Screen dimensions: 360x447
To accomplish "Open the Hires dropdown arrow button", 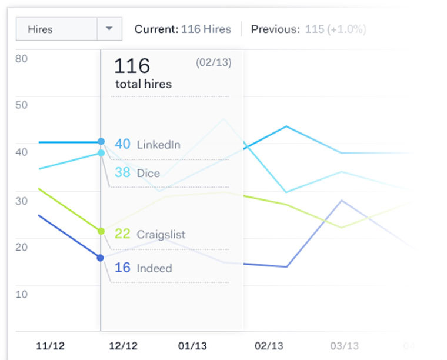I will click(109, 29).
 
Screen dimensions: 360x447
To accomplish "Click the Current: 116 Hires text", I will click(182, 29).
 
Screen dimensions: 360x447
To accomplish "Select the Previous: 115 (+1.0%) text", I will click(308, 29).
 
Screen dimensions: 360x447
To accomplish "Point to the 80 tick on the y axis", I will click(22, 59).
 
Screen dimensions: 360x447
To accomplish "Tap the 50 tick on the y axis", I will click(22, 105).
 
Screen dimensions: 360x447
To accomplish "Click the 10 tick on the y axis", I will click(22, 294).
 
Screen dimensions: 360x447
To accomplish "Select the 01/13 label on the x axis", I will click(192, 345).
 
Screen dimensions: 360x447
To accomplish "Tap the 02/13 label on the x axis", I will click(269, 345).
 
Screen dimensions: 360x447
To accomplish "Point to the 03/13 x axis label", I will click(344, 345).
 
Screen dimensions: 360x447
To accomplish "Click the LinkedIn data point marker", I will click(101, 142).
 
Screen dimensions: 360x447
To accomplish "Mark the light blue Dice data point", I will click(101, 153).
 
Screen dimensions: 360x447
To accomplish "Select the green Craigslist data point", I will click(101, 231).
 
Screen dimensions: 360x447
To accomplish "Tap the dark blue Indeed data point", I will click(101, 258).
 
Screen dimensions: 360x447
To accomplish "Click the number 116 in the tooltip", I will click(132, 65).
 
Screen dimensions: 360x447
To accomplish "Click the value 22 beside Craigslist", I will click(122, 234).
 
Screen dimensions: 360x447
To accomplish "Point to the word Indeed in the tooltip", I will click(154, 268).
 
